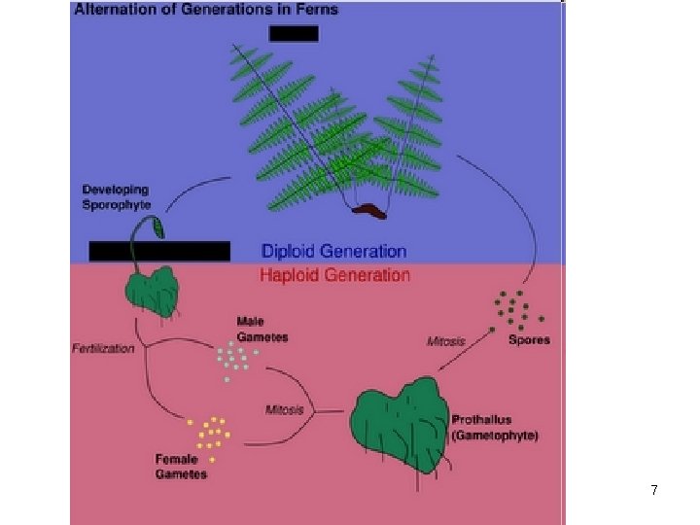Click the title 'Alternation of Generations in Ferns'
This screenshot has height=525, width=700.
click(x=206, y=9)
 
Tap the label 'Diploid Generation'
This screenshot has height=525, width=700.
click(x=333, y=252)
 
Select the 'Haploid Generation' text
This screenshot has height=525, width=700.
click(x=334, y=275)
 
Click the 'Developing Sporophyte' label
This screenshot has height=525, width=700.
click(x=117, y=196)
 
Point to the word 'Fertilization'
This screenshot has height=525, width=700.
click(x=103, y=348)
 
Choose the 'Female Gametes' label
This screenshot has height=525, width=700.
click(x=181, y=467)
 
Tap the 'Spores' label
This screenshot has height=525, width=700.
click(x=529, y=339)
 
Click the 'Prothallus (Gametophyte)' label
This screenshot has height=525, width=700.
click(x=495, y=428)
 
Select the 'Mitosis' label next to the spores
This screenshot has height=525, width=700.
click(x=446, y=341)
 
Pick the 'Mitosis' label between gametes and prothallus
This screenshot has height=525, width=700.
click(x=285, y=409)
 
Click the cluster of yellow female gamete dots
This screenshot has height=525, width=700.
click(x=210, y=431)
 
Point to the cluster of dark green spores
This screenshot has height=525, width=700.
click(x=515, y=309)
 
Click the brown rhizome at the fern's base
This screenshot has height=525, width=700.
click(x=369, y=208)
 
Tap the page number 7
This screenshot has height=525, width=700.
click(x=654, y=491)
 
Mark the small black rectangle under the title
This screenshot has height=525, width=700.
click(x=294, y=33)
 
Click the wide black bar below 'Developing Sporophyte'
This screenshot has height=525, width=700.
click(x=159, y=251)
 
